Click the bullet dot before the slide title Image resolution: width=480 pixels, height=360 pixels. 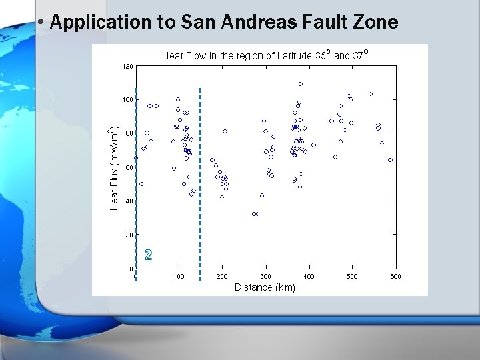tap(41, 21)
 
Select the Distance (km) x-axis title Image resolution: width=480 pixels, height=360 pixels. tap(265, 287)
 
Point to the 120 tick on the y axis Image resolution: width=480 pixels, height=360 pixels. tap(127, 66)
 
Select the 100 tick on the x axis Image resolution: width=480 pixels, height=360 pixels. tap(179, 276)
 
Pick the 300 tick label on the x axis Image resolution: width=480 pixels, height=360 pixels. tap(265, 276)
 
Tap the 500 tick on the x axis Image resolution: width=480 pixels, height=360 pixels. tap(352, 276)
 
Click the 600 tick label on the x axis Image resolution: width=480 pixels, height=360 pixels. tap(395, 276)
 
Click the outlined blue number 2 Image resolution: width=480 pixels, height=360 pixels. tap(148, 254)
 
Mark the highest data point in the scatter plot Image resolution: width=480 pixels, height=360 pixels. tap(301, 84)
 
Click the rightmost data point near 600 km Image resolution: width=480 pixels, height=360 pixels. tap(390, 160)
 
